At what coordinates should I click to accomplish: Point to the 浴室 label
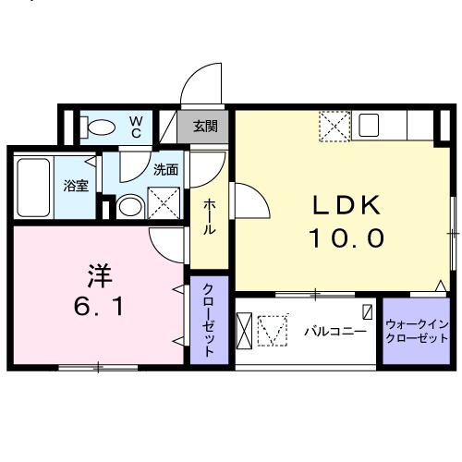point(76,186)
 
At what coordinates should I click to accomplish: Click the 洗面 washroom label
point(165,169)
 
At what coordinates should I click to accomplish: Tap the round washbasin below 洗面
point(130,205)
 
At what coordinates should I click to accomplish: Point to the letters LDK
point(337,204)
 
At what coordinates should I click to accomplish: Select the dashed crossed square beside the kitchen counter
point(333,126)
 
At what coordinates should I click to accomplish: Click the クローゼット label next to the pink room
point(210,319)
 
